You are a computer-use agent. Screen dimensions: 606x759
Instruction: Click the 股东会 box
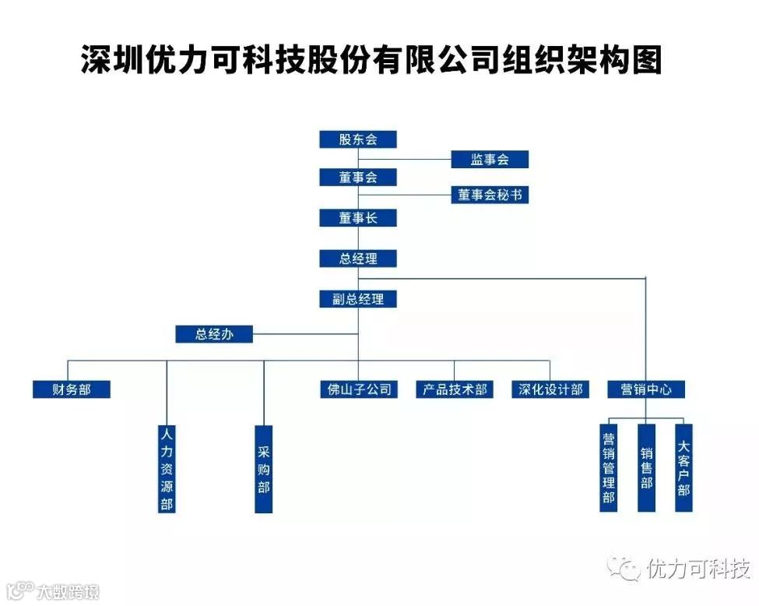click(x=358, y=139)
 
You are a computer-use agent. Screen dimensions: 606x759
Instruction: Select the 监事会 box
click(x=490, y=160)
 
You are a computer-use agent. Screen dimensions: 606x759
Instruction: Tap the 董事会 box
click(x=358, y=178)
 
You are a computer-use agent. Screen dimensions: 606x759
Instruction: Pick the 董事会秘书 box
click(x=490, y=195)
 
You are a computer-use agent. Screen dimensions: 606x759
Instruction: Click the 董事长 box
click(x=358, y=218)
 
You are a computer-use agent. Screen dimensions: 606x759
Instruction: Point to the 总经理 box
click(x=358, y=259)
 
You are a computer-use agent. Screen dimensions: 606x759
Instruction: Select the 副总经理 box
click(x=358, y=298)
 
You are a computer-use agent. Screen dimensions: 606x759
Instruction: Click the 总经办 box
click(x=214, y=334)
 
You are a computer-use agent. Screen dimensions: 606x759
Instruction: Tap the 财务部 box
click(x=72, y=389)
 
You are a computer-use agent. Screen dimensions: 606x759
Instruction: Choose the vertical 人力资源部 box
click(x=167, y=468)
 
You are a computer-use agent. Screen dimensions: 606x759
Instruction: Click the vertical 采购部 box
click(x=264, y=468)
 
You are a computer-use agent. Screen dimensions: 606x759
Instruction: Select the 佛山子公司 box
click(x=358, y=389)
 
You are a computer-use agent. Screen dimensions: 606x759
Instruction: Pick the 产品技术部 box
click(x=455, y=389)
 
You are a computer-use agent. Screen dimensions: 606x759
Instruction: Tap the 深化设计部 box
click(x=550, y=389)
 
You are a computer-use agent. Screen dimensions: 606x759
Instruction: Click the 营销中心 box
click(x=646, y=389)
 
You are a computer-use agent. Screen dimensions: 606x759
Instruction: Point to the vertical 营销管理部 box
click(x=609, y=467)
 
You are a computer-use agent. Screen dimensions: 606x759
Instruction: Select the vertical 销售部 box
click(x=646, y=467)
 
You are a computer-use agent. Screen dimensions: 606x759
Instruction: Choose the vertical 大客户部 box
click(x=683, y=467)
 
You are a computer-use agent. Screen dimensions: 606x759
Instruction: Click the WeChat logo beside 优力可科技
click(x=627, y=569)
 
